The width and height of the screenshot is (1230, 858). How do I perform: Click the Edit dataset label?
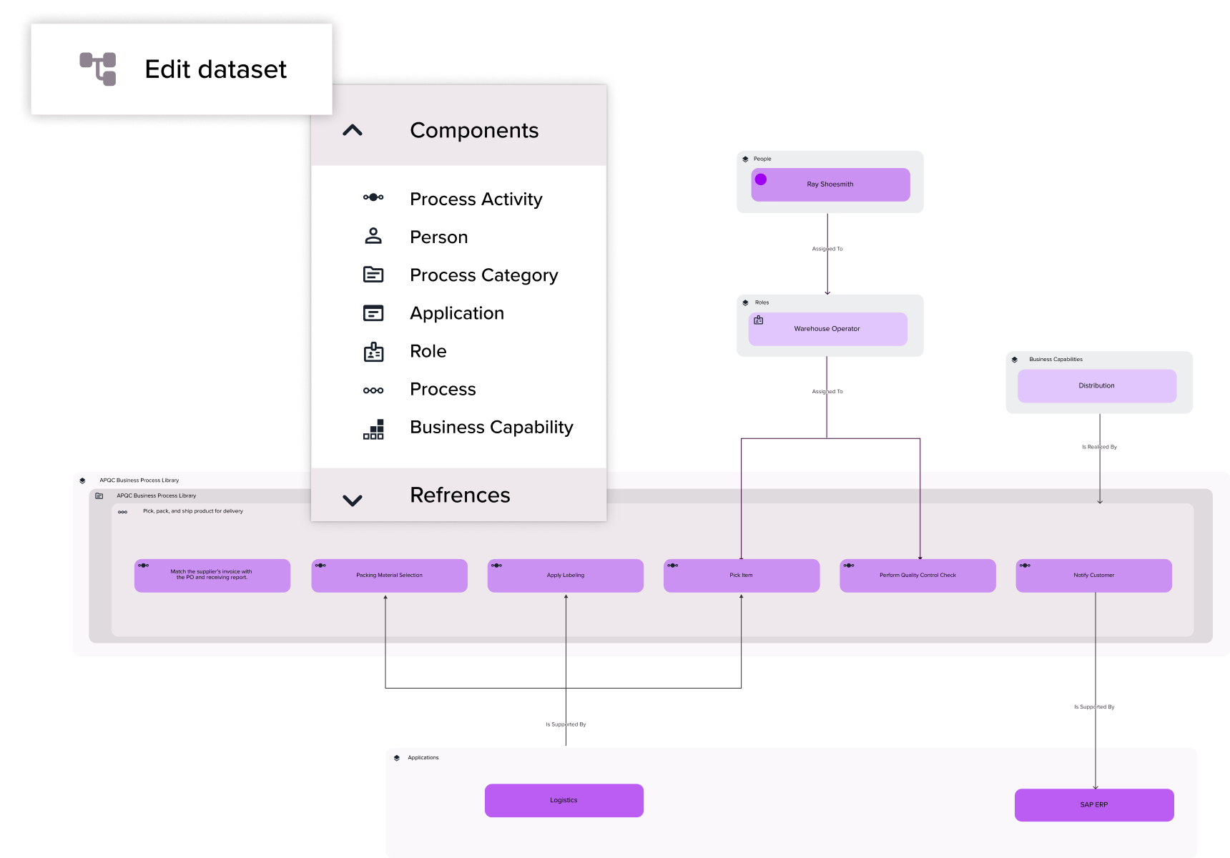(x=215, y=69)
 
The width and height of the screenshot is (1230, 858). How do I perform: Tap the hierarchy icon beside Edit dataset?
(x=98, y=69)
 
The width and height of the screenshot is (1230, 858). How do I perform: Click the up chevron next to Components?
(x=353, y=130)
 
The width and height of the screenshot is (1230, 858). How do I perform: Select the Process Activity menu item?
(x=476, y=199)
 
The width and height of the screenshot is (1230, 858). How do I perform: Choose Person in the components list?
(x=438, y=237)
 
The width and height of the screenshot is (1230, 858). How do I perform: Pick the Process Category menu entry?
(x=483, y=275)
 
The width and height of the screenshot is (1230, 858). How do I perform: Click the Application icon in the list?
(x=373, y=313)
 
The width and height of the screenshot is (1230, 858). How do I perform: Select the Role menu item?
(x=428, y=351)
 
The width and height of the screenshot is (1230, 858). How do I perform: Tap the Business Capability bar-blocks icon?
(x=373, y=429)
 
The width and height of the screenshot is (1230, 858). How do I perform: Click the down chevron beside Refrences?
(x=353, y=500)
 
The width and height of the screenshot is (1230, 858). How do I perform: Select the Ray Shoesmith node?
(x=830, y=184)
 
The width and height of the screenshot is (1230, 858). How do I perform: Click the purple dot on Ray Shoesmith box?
(x=761, y=179)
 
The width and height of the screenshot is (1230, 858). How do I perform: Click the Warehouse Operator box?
(x=827, y=329)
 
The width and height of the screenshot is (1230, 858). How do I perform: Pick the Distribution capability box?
(x=1096, y=386)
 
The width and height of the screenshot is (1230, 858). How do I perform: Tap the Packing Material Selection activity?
(x=389, y=576)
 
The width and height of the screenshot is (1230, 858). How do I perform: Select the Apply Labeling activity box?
(x=565, y=576)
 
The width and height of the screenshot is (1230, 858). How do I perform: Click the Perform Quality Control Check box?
(x=917, y=576)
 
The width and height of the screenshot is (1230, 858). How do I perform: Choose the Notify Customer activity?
(x=1093, y=576)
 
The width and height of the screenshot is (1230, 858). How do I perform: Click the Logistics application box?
(x=564, y=800)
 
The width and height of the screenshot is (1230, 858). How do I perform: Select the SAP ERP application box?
(x=1093, y=805)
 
